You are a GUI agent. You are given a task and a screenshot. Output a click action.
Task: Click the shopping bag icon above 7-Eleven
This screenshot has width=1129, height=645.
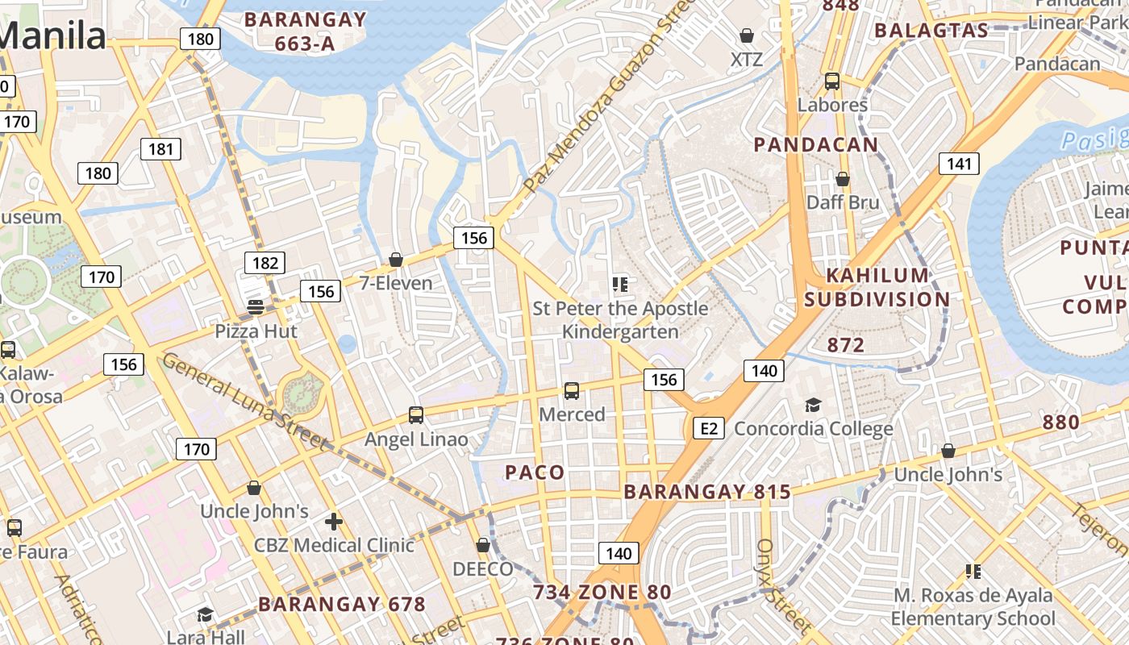[x=396, y=260]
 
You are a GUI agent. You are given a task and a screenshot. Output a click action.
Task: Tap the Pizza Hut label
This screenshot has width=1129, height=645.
[x=256, y=331]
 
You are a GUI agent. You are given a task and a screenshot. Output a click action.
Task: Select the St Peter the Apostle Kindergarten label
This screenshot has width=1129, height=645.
[x=620, y=320]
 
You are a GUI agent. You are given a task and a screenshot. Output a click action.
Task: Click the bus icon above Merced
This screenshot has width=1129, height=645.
[x=572, y=391]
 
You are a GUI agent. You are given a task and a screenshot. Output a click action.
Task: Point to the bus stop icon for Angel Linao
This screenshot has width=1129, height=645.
[x=416, y=415]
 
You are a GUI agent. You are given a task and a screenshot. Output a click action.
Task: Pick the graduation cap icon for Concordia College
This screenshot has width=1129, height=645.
[x=813, y=405]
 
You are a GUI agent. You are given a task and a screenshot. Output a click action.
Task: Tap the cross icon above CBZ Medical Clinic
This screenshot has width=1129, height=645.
[x=334, y=522]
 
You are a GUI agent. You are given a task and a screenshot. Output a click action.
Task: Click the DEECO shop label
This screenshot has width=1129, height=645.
[x=482, y=569]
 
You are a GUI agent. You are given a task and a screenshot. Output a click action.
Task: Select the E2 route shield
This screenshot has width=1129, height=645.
[x=708, y=428]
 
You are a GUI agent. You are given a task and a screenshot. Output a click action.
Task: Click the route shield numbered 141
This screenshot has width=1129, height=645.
[x=959, y=164]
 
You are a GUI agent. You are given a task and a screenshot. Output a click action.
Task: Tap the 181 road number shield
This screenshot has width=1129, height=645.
[x=161, y=148]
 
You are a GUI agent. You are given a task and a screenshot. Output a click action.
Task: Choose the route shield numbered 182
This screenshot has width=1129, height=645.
[x=265, y=263]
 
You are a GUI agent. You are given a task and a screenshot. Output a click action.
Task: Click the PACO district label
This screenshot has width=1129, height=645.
[x=535, y=472]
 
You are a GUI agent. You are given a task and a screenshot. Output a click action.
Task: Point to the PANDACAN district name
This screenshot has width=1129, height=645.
[x=815, y=145]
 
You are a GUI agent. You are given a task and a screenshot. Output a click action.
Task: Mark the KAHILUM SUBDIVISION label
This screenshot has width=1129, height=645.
[x=877, y=288]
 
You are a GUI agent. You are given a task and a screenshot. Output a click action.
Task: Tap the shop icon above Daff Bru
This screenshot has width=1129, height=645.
[x=843, y=179]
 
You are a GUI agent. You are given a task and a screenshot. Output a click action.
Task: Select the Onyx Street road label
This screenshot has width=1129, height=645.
[x=781, y=585]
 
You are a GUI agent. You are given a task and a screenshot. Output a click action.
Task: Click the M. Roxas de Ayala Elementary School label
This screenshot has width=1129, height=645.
[x=973, y=607]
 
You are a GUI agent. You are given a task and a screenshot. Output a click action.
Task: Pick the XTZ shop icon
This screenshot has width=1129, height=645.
[x=747, y=35]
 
